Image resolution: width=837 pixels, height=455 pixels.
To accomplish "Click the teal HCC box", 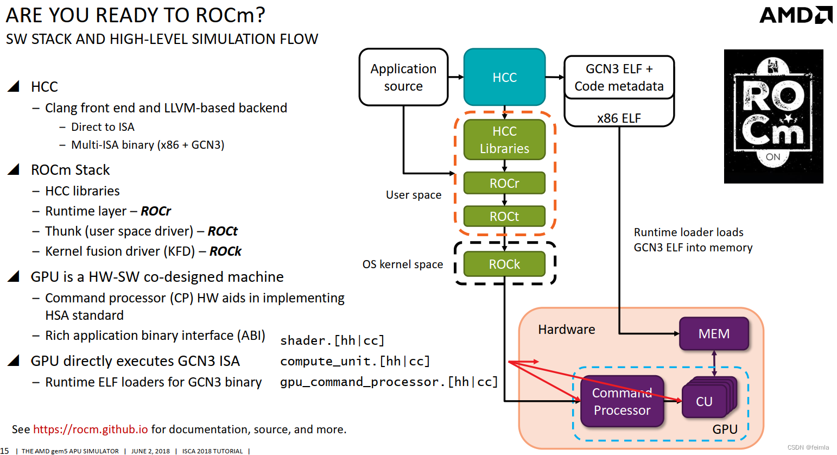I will coord(504,77).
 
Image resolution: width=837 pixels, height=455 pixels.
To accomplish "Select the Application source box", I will coord(403,77).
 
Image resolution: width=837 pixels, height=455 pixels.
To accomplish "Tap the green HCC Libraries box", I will coord(504,140).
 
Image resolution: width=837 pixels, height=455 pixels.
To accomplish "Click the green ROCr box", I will coord(504,183).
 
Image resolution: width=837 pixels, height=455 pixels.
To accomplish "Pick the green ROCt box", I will coord(504,216).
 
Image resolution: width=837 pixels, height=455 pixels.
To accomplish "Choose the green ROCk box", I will coord(504,264).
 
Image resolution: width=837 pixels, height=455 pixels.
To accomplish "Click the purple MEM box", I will coord(714,333).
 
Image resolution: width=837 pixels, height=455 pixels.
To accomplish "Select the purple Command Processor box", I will coord(622,401).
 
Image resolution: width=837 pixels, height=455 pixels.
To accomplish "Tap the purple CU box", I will coord(704,401).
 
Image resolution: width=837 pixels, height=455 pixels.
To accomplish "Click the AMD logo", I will coord(795,15).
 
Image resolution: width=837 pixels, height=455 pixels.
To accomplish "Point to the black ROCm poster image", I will coord(773,116).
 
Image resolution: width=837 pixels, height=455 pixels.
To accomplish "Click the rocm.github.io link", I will coord(90,429).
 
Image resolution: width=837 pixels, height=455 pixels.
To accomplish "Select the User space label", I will coord(414,195).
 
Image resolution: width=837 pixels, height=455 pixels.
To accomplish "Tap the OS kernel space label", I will coord(403,264).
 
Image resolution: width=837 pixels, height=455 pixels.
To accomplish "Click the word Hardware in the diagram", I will coord(566,330).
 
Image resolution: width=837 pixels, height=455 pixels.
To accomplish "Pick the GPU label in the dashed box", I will coord(725,429).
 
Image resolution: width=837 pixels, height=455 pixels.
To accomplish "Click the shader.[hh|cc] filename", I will coord(332,340).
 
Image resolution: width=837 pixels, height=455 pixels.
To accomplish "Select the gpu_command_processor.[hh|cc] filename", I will coord(389,382).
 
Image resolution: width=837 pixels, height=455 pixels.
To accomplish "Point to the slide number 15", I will coord(4,451).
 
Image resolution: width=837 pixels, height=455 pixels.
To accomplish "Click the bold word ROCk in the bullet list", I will coord(225,251).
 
